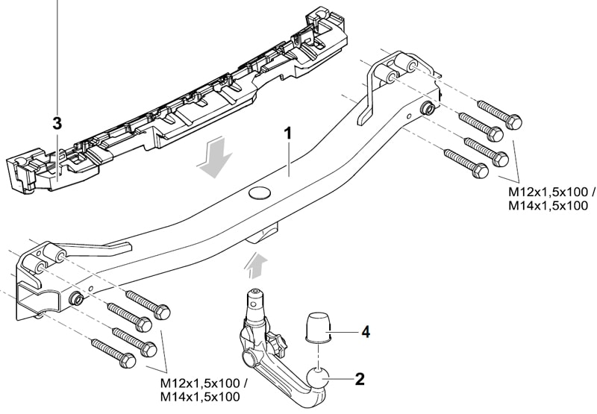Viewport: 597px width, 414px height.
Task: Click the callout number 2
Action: (x=360, y=380)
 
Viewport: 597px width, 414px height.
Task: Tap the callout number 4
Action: (x=364, y=330)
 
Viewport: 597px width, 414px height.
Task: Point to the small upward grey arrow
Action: (x=257, y=263)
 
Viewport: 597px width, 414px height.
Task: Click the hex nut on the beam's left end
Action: (x=76, y=299)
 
